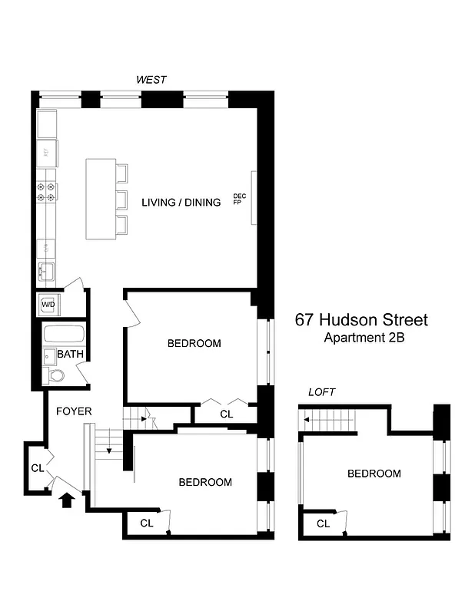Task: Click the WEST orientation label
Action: tap(151, 80)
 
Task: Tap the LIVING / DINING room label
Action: tap(181, 203)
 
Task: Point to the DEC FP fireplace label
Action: tap(239, 200)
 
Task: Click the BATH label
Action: tap(71, 355)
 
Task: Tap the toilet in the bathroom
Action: tap(55, 375)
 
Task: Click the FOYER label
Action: tap(74, 411)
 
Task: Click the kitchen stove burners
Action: tap(46, 192)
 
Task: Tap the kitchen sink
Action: tap(45, 272)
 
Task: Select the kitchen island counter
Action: tap(99, 199)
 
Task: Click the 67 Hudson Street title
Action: tap(361, 320)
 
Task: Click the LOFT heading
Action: tap(322, 392)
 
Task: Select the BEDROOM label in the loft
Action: tap(374, 474)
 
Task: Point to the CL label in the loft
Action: tap(323, 524)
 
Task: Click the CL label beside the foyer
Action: tap(37, 467)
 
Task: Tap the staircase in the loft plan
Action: tap(331, 420)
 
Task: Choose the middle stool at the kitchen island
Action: tap(121, 199)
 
